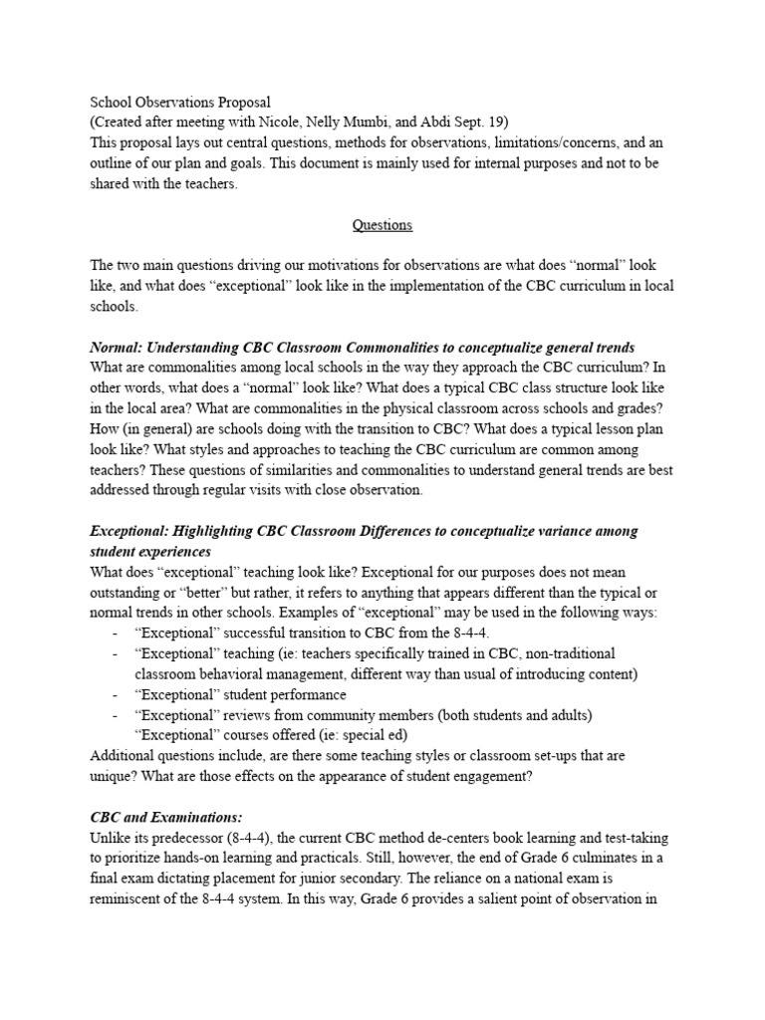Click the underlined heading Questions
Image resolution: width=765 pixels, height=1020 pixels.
pyautogui.click(x=382, y=225)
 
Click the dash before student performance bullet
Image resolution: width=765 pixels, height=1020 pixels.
pyautogui.click(x=117, y=694)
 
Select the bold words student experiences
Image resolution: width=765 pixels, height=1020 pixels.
pyautogui.click(x=150, y=551)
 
